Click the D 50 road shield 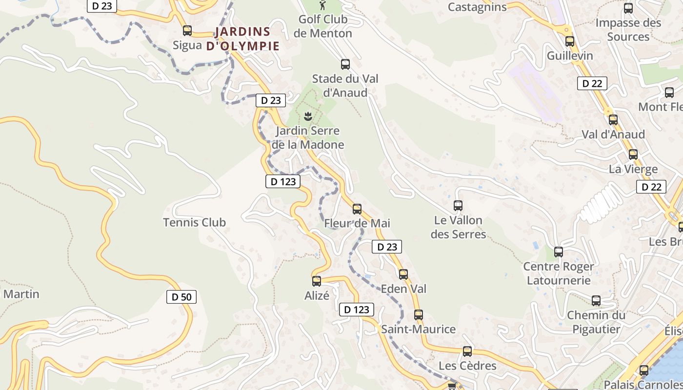click(181, 296)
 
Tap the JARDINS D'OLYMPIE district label click(242, 39)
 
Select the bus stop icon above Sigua click(187, 31)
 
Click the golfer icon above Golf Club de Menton click(322, 5)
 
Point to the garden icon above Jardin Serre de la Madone click(308, 116)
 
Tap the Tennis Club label click(194, 222)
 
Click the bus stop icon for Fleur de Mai click(357, 209)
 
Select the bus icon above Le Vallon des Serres click(458, 206)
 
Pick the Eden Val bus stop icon click(403, 274)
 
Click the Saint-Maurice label click(418, 329)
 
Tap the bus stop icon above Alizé click(317, 281)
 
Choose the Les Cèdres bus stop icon click(467, 351)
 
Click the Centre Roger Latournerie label click(559, 273)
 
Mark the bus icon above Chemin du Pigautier click(596, 301)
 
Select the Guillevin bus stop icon click(569, 41)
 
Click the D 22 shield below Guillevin click(592, 83)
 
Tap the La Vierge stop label click(633, 169)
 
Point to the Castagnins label click(477, 7)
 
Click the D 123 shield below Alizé click(357, 310)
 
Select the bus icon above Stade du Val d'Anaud click(345, 64)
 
